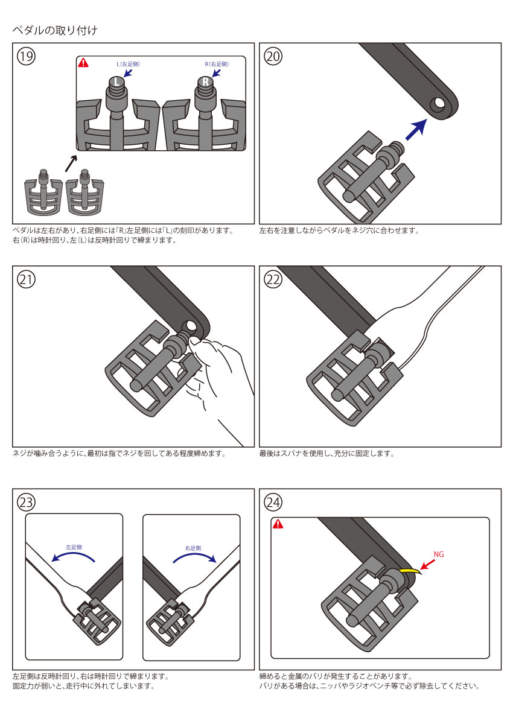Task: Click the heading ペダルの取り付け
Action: coord(54,30)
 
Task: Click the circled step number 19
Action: coord(26,56)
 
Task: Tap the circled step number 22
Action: coord(273,279)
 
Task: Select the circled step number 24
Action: coord(273,502)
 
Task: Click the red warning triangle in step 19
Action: coord(84,63)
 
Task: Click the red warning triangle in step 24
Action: coord(278,524)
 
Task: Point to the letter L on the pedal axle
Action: coord(116,81)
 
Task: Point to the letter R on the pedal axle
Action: coord(205,81)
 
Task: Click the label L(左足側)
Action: coord(129,64)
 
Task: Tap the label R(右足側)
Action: coord(217,64)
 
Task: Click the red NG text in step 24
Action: coord(439,554)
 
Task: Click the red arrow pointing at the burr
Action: coord(428,565)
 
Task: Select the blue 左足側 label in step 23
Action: coord(74,547)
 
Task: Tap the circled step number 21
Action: coord(26,279)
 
